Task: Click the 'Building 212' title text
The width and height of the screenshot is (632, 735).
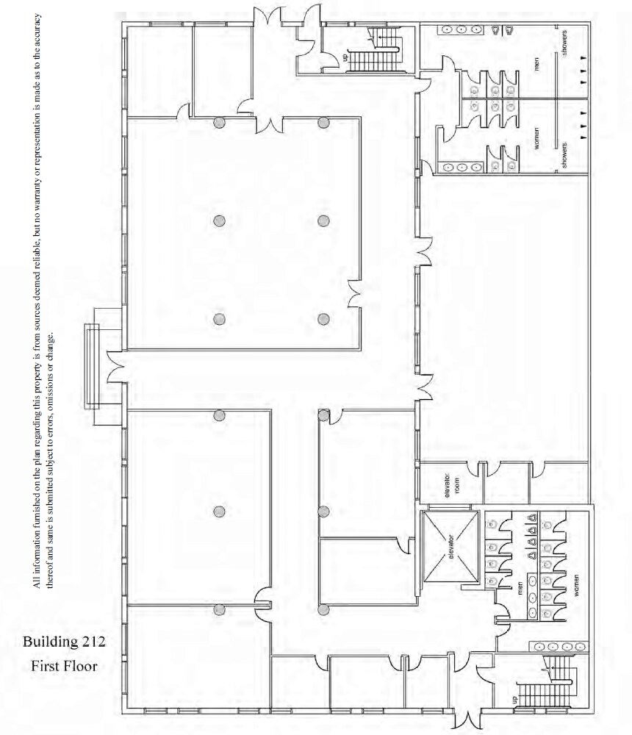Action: coord(64,642)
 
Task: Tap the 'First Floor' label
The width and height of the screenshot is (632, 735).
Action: coord(64,667)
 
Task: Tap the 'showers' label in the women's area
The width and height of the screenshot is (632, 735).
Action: coord(564,156)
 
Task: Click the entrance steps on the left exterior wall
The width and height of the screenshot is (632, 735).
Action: coord(93,367)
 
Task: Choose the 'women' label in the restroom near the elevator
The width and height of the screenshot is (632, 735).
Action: coord(577,589)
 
